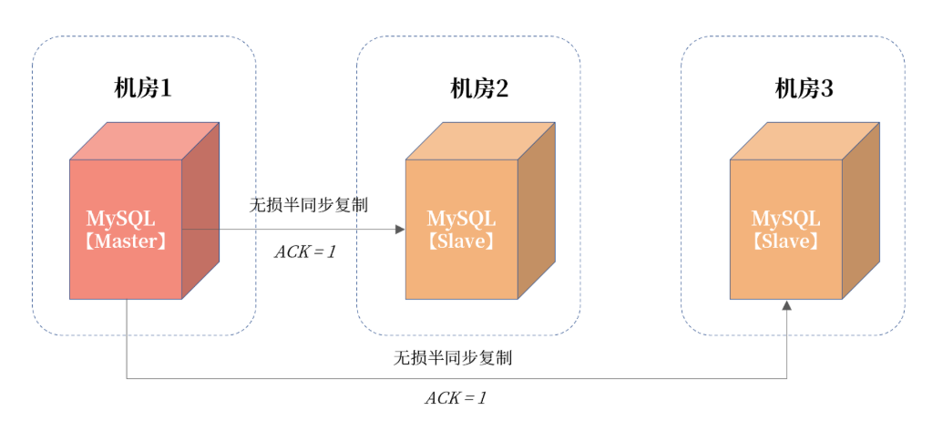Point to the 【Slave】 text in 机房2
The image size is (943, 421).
[462, 241]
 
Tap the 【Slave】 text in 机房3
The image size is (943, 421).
[785, 241]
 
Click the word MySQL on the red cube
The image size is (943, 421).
[121, 219]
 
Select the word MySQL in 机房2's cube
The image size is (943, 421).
[462, 219]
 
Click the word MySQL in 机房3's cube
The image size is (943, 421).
[785, 219]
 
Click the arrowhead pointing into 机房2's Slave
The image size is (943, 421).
[399, 229]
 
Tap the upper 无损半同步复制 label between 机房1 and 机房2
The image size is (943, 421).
[309, 204]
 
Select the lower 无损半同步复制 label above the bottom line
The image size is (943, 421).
[453, 357]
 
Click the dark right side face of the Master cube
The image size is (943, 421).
[201, 210]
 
